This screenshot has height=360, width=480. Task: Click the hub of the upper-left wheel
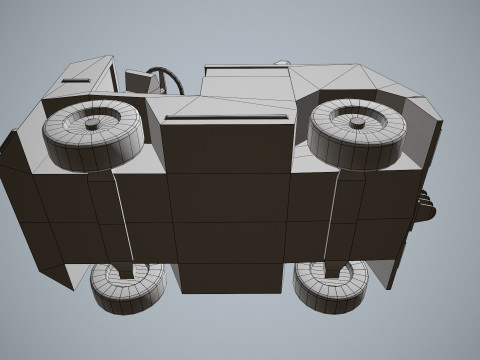pos(92,123)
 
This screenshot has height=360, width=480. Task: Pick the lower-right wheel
pos(333,287)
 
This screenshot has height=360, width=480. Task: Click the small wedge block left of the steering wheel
pos(138,81)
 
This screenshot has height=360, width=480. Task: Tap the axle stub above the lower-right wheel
pos(334,268)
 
